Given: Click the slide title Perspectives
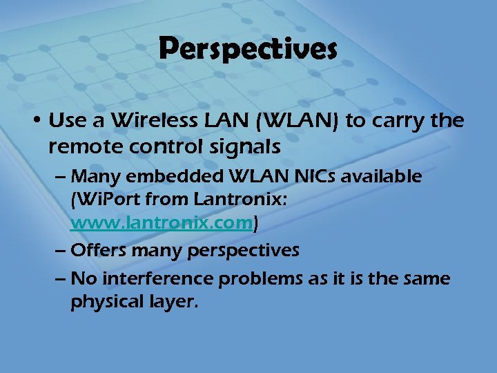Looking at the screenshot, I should coord(248,50).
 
